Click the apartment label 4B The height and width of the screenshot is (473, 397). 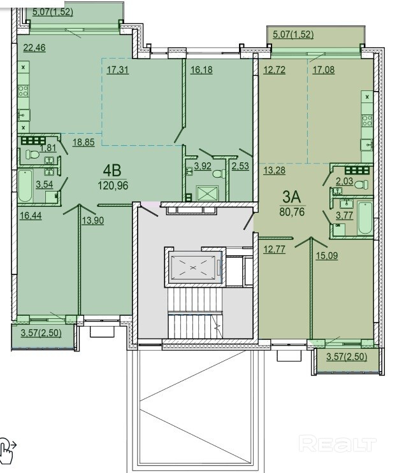112,171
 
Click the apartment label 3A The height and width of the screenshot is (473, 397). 292,197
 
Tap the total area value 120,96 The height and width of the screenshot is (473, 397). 113,185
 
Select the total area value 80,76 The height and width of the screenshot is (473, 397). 292,212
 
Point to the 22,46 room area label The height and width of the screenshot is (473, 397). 34,48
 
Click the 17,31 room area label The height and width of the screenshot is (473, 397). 117,70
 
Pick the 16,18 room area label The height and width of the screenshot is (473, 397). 201,70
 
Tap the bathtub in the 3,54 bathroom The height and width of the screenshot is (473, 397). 25,186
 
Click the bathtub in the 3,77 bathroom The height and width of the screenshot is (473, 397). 365,218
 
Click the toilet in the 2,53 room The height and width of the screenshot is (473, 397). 219,174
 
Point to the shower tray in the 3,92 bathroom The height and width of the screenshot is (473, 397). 207,194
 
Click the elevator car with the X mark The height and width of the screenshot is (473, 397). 194,266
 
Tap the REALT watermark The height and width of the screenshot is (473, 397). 338,443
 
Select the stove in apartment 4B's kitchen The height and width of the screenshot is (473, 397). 23,90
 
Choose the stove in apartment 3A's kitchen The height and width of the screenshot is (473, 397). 367,121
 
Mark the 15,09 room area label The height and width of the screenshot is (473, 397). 327,256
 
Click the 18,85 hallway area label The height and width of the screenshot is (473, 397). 83,142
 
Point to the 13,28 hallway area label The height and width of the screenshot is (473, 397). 274,171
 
